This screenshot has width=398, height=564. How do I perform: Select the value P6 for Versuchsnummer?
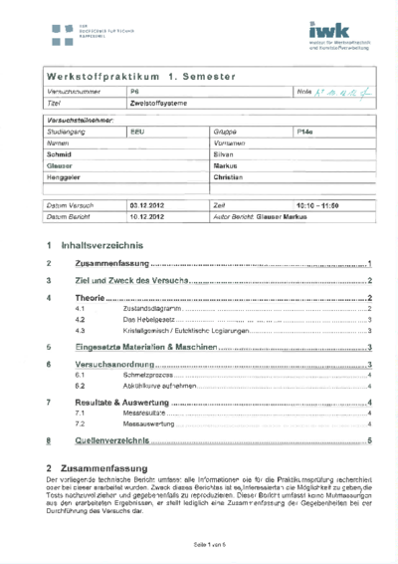click(136, 92)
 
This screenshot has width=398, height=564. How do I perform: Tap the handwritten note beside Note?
click(343, 92)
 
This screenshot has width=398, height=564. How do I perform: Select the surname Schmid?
click(61, 154)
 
